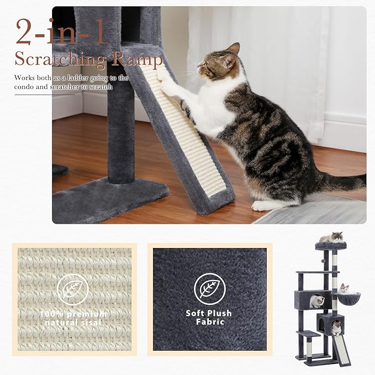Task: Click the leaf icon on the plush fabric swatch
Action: coord(209,288)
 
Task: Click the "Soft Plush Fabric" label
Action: coord(209,317)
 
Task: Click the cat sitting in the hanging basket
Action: coord(345,289)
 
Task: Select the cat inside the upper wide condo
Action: coord(317,301)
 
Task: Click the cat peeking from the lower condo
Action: coord(335,328)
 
